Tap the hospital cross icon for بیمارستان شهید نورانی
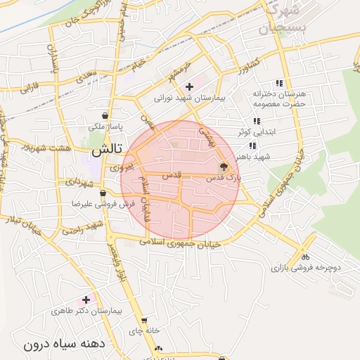(189, 86)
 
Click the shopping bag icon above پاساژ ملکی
(105, 116)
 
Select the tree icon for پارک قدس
(224, 167)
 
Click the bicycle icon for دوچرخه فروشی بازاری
(304, 257)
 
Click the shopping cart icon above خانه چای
(144, 320)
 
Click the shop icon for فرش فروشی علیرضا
(103, 193)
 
